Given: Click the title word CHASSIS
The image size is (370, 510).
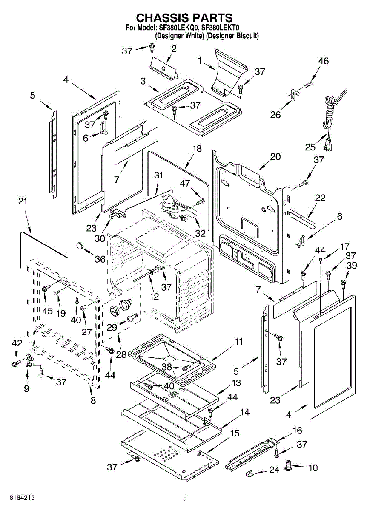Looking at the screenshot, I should click(x=161, y=18).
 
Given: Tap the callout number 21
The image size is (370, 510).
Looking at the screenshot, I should click(x=23, y=201).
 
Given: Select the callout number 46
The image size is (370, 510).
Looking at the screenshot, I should click(x=323, y=61).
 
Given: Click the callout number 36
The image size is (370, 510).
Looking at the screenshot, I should click(x=100, y=258).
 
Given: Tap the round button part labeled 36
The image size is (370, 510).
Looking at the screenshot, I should click(x=80, y=245).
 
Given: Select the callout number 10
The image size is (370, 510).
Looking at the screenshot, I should click(x=313, y=468).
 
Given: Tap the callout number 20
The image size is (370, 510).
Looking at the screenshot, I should click(x=275, y=156).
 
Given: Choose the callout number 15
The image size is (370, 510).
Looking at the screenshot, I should click(x=235, y=433).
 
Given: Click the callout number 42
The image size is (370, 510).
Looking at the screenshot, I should click(x=17, y=343).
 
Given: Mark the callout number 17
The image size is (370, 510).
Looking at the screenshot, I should click(x=333, y=246).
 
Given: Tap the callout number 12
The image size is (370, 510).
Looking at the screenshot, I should click(x=154, y=296).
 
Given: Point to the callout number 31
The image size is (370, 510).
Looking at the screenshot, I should click(x=158, y=175).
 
